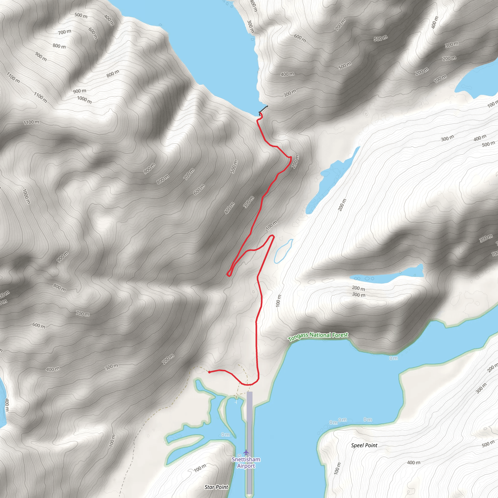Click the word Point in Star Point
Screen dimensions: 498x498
(x=222, y=487)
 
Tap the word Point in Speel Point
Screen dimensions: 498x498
(x=371, y=445)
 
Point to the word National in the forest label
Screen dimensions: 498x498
(x=320, y=335)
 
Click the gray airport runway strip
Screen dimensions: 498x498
(x=249, y=438)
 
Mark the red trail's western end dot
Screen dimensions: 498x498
(x=209, y=372)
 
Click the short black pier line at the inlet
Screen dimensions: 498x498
(x=263, y=109)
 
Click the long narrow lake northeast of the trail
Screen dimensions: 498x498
(x=332, y=180)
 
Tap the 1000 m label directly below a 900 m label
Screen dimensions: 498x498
(x=84, y=99)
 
